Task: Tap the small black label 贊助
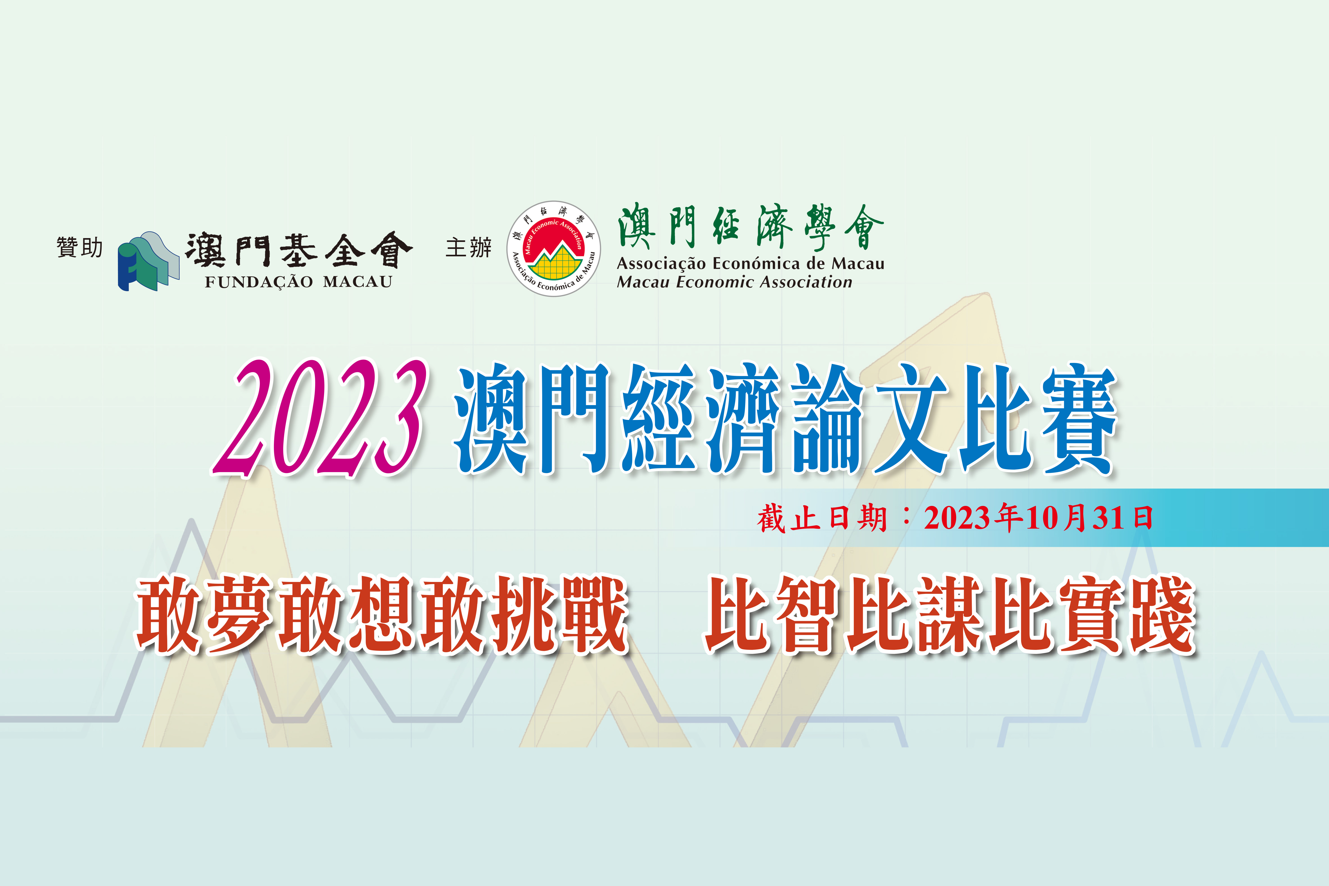point(80,248)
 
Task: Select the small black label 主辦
point(468,248)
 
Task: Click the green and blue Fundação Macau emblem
point(148,261)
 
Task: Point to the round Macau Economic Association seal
point(554,249)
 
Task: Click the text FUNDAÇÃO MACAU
point(298,282)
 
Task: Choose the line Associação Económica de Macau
point(750,263)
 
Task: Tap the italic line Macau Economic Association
point(734,282)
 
